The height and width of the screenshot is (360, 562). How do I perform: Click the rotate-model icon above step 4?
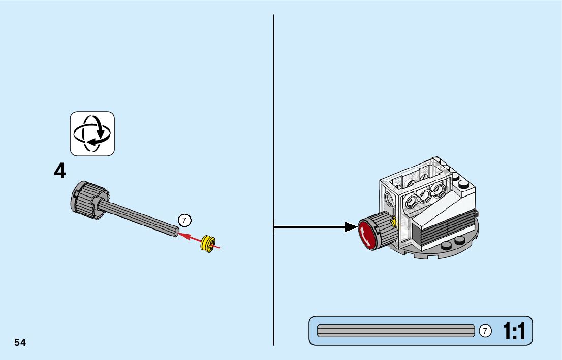92,134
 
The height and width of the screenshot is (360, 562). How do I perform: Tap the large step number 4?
60,172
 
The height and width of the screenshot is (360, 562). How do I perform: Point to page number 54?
20,342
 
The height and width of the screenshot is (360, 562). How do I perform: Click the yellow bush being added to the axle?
207,243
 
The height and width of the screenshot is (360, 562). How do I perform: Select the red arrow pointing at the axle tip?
193,238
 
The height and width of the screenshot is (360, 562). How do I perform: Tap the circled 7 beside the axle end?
184,220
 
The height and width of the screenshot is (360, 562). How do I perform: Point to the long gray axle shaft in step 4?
140,217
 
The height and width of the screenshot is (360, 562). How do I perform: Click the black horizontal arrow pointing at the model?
315,227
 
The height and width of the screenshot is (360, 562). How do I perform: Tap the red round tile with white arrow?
369,235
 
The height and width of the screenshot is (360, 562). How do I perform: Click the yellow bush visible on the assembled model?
394,221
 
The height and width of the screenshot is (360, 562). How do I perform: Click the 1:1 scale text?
514,332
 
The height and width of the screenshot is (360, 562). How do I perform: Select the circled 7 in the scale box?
485,331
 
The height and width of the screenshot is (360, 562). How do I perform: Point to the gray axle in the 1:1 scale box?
395,331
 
